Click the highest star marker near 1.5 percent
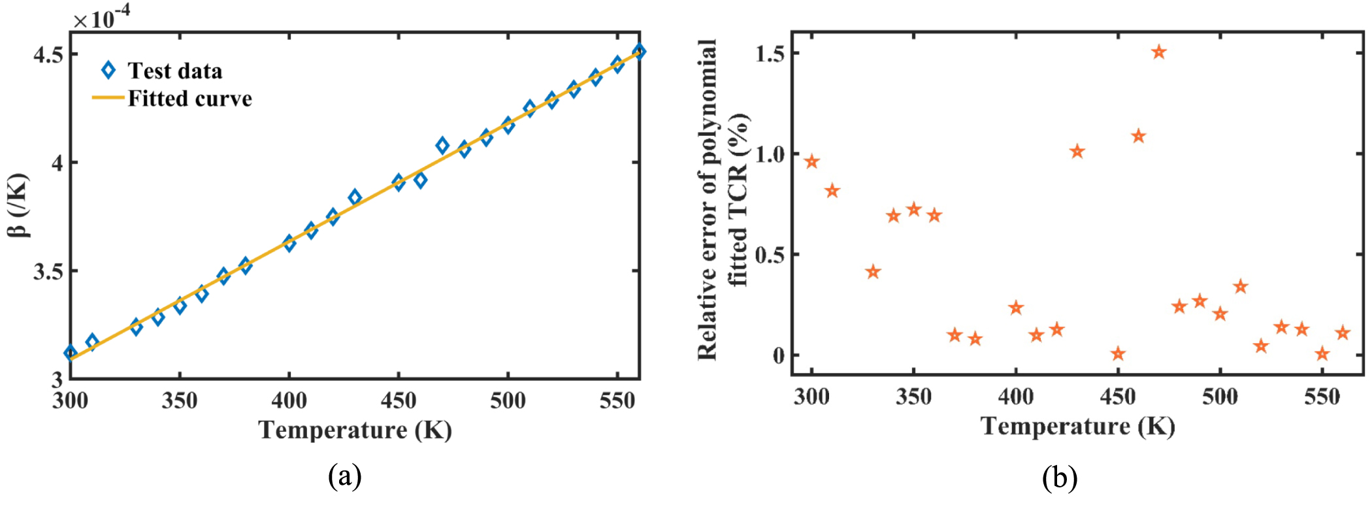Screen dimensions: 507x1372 click(1159, 52)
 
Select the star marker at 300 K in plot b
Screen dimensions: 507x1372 click(811, 161)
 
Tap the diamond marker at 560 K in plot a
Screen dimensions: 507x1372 click(640, 51)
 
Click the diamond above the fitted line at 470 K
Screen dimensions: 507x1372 click(442, 146)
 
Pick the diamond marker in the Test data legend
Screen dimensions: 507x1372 click(108, 71)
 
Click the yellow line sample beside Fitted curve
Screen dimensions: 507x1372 click(108, 99)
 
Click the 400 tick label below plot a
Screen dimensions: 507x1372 click(289, 400)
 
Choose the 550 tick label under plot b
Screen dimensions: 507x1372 click(1322, 396)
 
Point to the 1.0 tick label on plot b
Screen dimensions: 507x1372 click(769, 154)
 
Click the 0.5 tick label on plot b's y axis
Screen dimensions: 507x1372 click(769, 255)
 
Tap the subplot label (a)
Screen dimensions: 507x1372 click(345, 476)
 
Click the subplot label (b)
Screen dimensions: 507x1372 click(1059, 478)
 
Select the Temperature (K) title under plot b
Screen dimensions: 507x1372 click(1077, 426)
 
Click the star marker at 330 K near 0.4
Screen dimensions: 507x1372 click(873, 272)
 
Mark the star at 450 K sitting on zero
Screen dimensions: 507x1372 click(1118, 354)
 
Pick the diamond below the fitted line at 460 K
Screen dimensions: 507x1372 click(421, 180)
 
